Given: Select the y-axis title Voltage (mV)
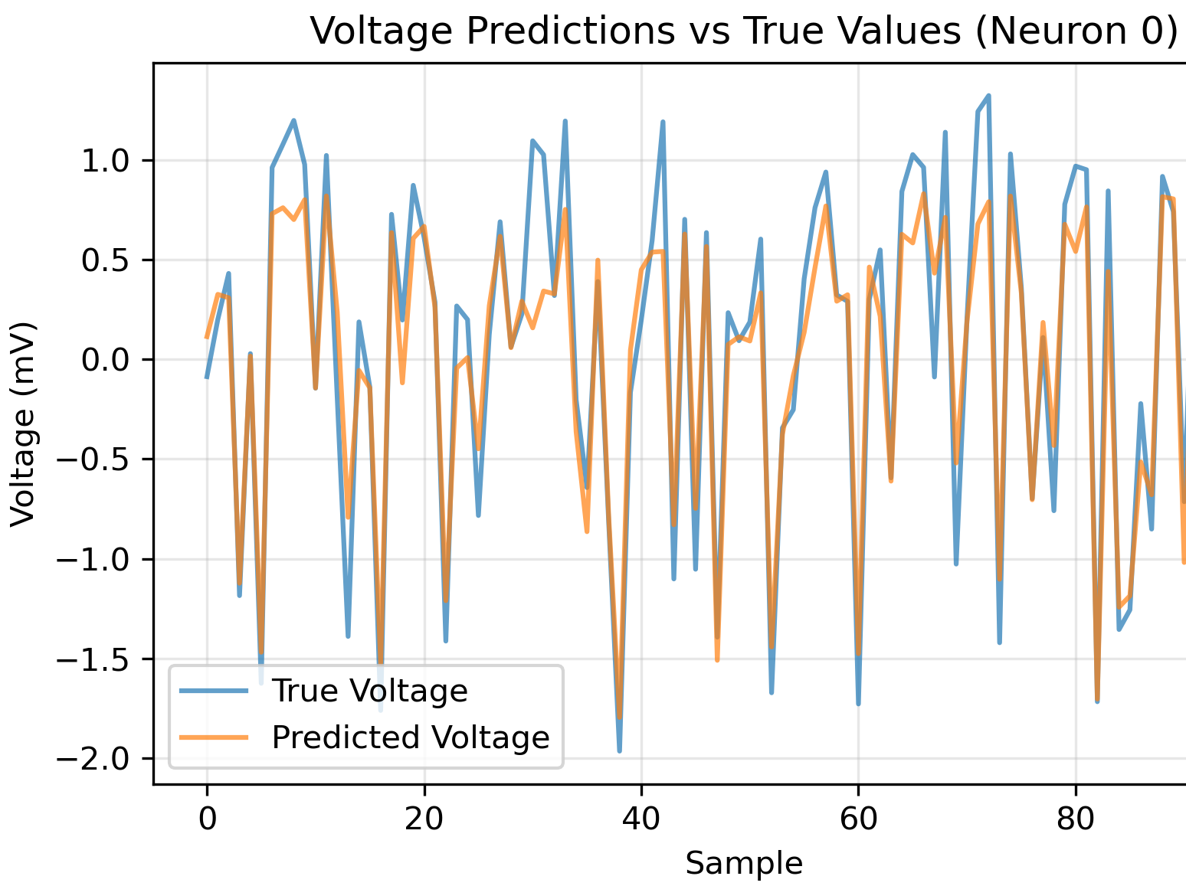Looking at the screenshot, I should (24, 423).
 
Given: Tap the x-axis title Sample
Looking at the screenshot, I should (743, 863).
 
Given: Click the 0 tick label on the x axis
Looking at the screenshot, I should (207, 819).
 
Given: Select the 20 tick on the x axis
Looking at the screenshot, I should (424, 819).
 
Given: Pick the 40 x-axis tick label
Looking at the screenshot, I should (641, 819).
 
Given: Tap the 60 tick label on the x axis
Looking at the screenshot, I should (858, 819).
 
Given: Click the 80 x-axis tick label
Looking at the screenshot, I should (1076, 819).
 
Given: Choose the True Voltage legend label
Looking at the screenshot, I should (369, 691).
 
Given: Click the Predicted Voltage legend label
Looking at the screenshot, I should (411, 737).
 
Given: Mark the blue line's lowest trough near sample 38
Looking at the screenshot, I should (619, 750).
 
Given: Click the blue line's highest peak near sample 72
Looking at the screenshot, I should (988, 96).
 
